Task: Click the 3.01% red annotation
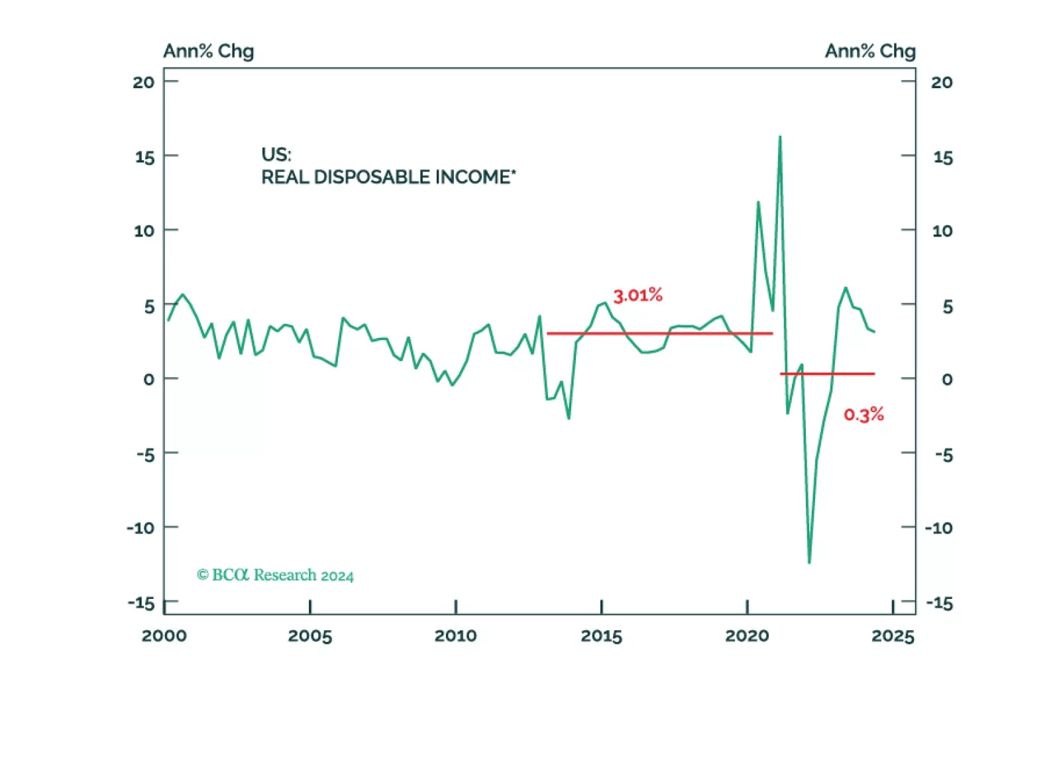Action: pyautogui.click(x=638, y=296)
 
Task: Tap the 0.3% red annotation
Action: pyautogui.click(x=864, y=415)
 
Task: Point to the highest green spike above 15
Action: pyautogui.click(x=780, y=138)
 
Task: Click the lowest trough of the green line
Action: pyautogui.click(x=809, y=562)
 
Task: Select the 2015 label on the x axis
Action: pyautogui.click(x=601, y=636)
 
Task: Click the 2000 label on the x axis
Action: pyautogui.click(x=164, y=636)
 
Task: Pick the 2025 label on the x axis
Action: pyautogui.click(x=893, y=636)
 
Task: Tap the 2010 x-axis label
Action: pyautogui.click(x=455, y=636)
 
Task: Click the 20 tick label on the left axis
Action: pyautogui.click(x=143, y=83)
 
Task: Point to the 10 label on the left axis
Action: pyautogui.click(x=144, y=231)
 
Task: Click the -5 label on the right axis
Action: pyautogui.click(x=944, y=455)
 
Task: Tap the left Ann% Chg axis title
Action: pyautogui.click(x=209, y=52)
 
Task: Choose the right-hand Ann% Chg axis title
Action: pyautogui.click(x=869, y=52)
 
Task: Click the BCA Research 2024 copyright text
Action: pyautogui.click(x=275, y=575)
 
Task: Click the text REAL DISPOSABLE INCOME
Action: pyautogui.click(x=388, y=178)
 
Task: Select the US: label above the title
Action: pyautogui.click(x=276, y=154)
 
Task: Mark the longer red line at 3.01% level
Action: pyautogui.click(x=659, y=333)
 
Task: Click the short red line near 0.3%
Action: pyautogui.click(x=827, y=374)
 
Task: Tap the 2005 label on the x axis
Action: pyautogui.click(x=309, y=636)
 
